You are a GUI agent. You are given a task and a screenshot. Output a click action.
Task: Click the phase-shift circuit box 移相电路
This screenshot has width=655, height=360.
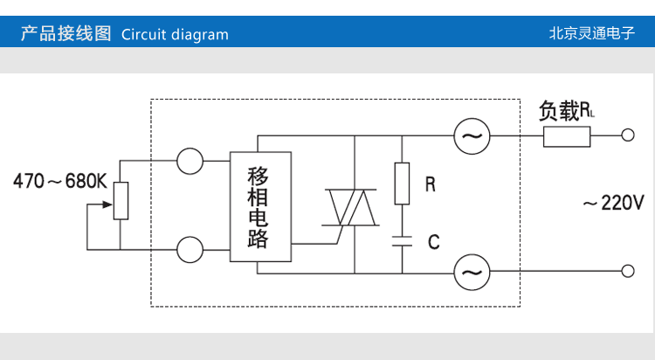coord(260,206)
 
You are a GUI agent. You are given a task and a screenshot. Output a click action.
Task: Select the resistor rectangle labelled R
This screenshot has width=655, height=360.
coord(402,183)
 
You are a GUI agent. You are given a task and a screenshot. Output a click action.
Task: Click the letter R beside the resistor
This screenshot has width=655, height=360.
coord(430,184)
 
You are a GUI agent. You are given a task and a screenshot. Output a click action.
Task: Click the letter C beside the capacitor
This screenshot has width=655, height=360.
coord(432,243)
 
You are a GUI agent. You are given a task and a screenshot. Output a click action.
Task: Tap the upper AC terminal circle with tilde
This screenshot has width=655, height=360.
coord(472,136)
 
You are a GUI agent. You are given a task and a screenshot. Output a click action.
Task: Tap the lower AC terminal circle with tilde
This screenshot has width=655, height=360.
coord(472,273)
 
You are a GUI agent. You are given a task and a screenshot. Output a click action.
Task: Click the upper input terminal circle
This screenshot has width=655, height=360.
coord(190,161)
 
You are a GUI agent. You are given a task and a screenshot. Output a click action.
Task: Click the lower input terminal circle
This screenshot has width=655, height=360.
coord(190,250)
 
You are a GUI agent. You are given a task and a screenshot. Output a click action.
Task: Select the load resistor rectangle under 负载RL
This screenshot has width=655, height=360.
coord(567,136)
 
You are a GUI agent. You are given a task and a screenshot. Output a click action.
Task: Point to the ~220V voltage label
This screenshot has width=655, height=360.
coord(613,204)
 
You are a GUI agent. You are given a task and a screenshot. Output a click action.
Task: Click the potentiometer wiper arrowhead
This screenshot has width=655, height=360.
coord(110,206)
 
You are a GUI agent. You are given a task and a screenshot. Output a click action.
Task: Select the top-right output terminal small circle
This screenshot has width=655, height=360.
coord(627,136)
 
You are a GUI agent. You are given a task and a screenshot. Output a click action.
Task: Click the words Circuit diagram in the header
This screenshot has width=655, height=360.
coord(175,35)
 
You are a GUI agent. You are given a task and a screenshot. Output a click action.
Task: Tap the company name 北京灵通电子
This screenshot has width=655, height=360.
coord(591,35)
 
